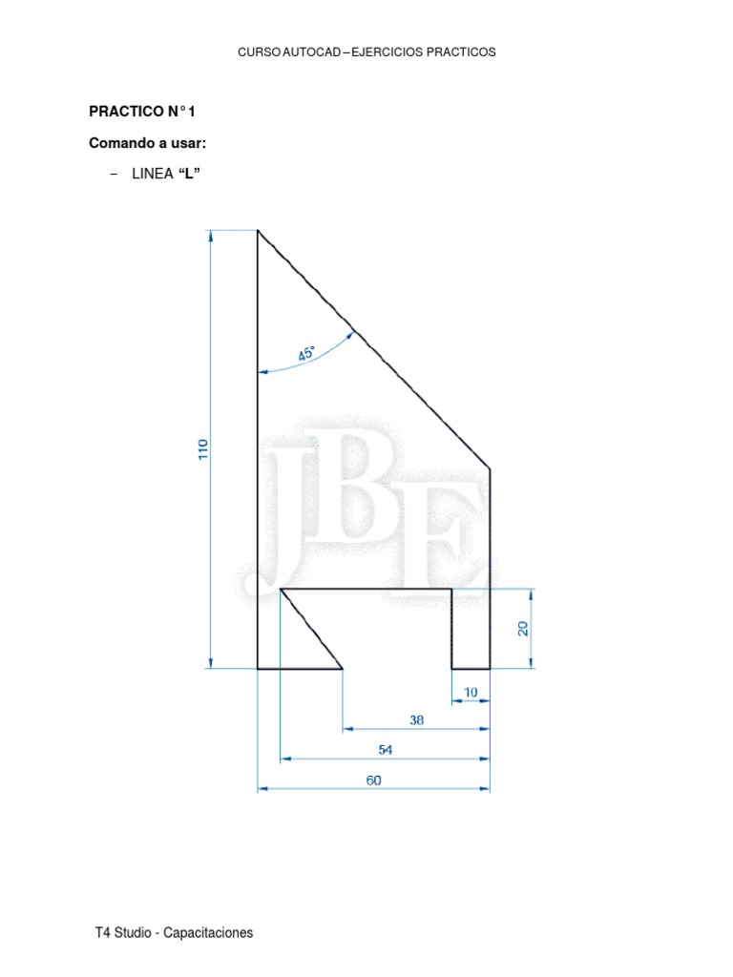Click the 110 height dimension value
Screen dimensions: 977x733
202,449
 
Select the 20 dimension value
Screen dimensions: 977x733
523,629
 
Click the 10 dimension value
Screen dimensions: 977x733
470,692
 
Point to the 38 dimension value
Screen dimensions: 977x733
416,720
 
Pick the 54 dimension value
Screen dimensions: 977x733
385,750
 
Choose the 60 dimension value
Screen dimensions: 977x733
373,780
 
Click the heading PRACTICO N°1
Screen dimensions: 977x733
141,112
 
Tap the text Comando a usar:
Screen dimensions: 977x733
148,143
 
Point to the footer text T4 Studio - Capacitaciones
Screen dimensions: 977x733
175,933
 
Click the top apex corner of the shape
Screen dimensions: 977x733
258,231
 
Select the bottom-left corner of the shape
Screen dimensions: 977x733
258,669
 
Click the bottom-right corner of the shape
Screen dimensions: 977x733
490,669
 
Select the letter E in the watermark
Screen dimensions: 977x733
448,534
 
